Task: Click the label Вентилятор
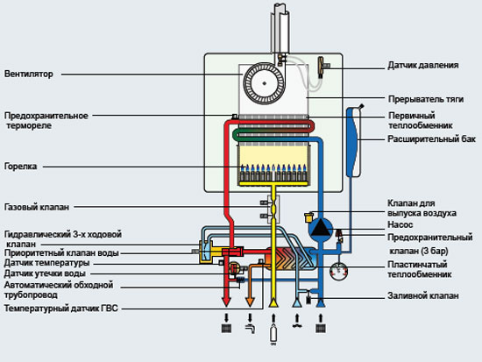(29, 75)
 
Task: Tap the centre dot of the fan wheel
(265, 83)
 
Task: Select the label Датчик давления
(423, 66)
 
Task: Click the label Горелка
(21, 167)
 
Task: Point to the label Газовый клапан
(37, 207)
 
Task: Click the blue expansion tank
(354, 141)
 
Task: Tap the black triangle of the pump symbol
(320, 228)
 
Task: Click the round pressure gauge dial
(338, 271)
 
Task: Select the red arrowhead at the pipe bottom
(226, 302)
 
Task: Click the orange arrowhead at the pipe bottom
(250, 302)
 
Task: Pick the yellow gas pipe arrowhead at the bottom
(273, 302)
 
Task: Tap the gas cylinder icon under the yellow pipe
(273, 333)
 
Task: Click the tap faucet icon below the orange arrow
(251, 329)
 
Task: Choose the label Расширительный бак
(431, 139)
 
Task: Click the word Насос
(400, 224)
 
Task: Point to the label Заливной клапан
(423, 296)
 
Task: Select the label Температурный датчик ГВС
(60, 309)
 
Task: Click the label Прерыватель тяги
(426, 99)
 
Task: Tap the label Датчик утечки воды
(45, 273)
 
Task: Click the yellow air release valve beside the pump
(308, 217)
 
